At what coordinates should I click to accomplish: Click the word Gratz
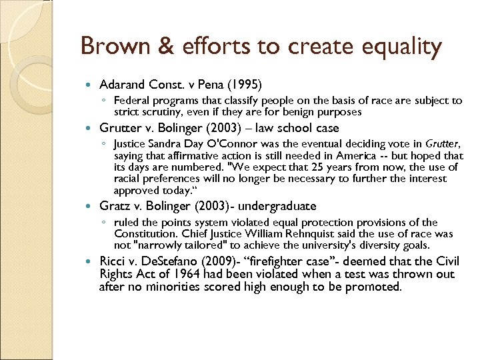point(114,206)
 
